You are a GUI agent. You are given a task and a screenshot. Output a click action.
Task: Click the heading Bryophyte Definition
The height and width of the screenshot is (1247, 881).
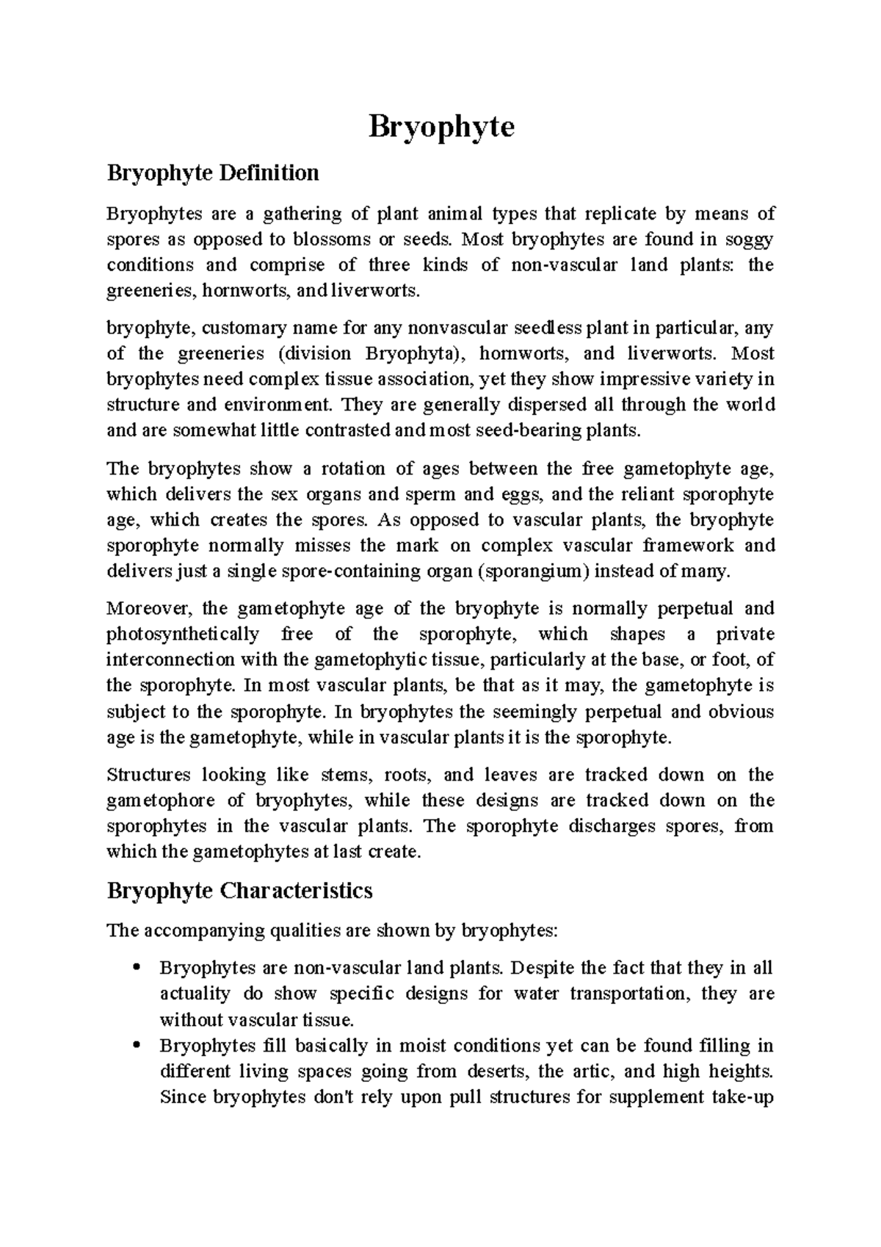[213, 173]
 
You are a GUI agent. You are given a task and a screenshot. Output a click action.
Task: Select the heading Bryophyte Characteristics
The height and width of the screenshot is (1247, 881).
[239, 891]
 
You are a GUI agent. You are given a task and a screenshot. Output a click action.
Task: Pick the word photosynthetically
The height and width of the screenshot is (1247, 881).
[183, 634]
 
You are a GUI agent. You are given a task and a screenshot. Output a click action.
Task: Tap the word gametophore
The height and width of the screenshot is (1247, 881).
[161, 800]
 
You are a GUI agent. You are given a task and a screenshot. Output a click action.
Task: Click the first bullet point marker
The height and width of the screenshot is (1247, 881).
[135, 968]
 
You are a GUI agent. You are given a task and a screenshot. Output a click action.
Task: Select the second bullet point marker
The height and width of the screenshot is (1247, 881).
[135, 1046]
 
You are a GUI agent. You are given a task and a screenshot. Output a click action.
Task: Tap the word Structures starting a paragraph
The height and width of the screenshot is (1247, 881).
[148, 775]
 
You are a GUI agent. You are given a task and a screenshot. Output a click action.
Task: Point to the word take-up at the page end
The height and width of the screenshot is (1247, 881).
[745, 1097]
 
